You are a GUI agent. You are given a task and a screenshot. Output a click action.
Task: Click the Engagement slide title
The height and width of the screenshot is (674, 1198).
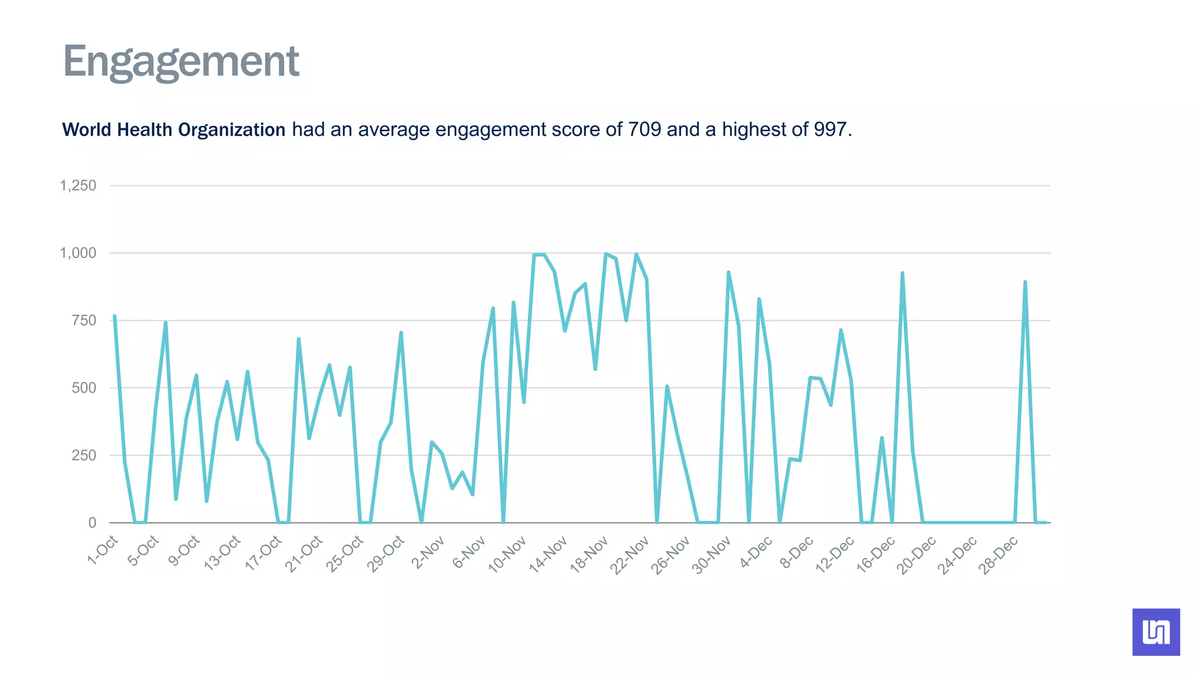(181, 62)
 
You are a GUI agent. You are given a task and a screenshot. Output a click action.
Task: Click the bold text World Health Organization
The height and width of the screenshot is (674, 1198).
(174, 129)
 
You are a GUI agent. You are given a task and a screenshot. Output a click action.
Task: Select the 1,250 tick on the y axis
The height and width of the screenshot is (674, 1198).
(78, 185)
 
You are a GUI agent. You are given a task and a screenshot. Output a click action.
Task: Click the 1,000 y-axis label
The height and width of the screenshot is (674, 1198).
(78, 253)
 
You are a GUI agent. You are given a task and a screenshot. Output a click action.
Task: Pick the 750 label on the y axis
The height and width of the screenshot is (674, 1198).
(84, 320)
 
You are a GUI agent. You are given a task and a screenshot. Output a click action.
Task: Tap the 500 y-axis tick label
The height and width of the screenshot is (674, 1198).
(84, 388)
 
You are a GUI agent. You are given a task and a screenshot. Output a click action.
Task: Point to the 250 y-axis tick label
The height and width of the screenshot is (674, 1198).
(84, 455)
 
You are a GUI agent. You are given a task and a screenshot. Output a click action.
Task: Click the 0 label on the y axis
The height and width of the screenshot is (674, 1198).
(92, 522)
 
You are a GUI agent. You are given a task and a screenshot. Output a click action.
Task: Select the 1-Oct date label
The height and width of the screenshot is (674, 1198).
(103, 551)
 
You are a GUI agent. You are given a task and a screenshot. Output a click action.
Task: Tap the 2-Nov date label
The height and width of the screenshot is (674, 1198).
(428, 552)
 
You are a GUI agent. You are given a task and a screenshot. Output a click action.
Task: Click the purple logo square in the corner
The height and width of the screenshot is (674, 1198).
(1156, 632)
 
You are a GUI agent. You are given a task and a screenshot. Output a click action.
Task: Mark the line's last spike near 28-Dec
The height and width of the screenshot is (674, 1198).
(1025, 282)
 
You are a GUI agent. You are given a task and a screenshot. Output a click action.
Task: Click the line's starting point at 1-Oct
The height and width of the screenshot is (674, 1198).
(115, 316)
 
